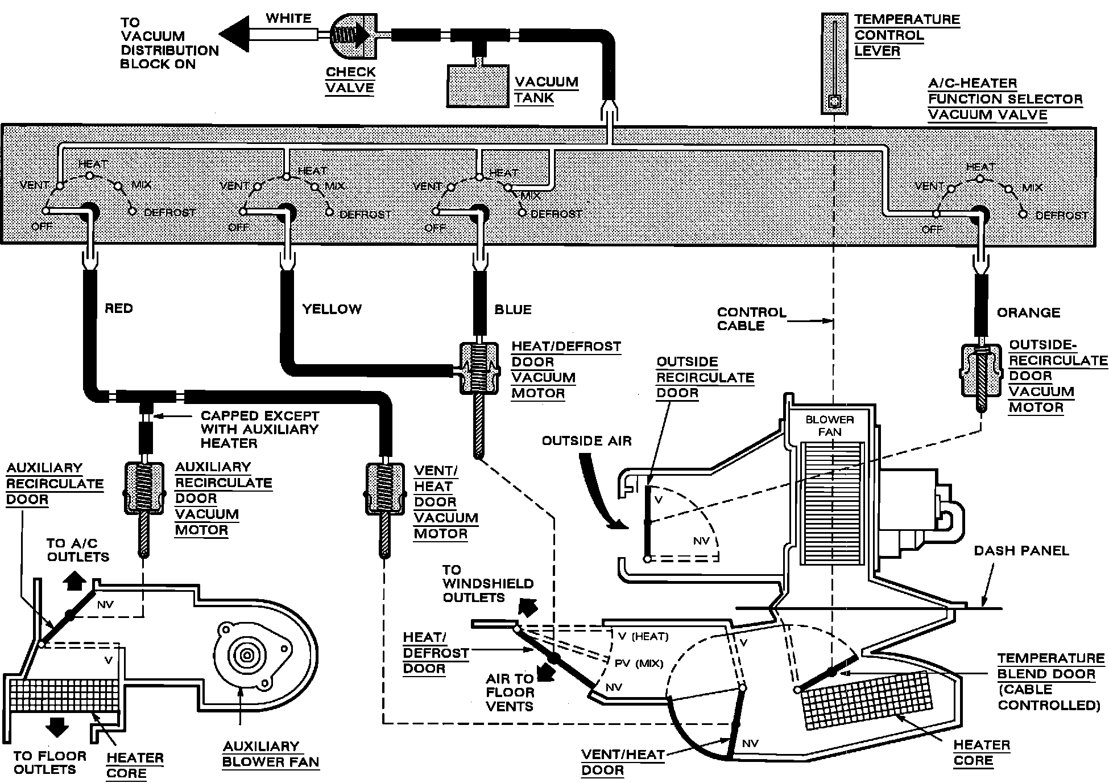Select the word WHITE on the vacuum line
point(288,18)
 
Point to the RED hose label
point(119,308)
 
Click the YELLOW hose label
point(332,309)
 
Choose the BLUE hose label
point(513,310)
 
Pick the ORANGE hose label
point(1028,312)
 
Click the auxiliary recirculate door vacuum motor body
point(143,488)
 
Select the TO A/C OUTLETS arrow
point(75,580)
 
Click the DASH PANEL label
point(1021,551)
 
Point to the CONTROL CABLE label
point(751,319)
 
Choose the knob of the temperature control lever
point(834,102)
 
